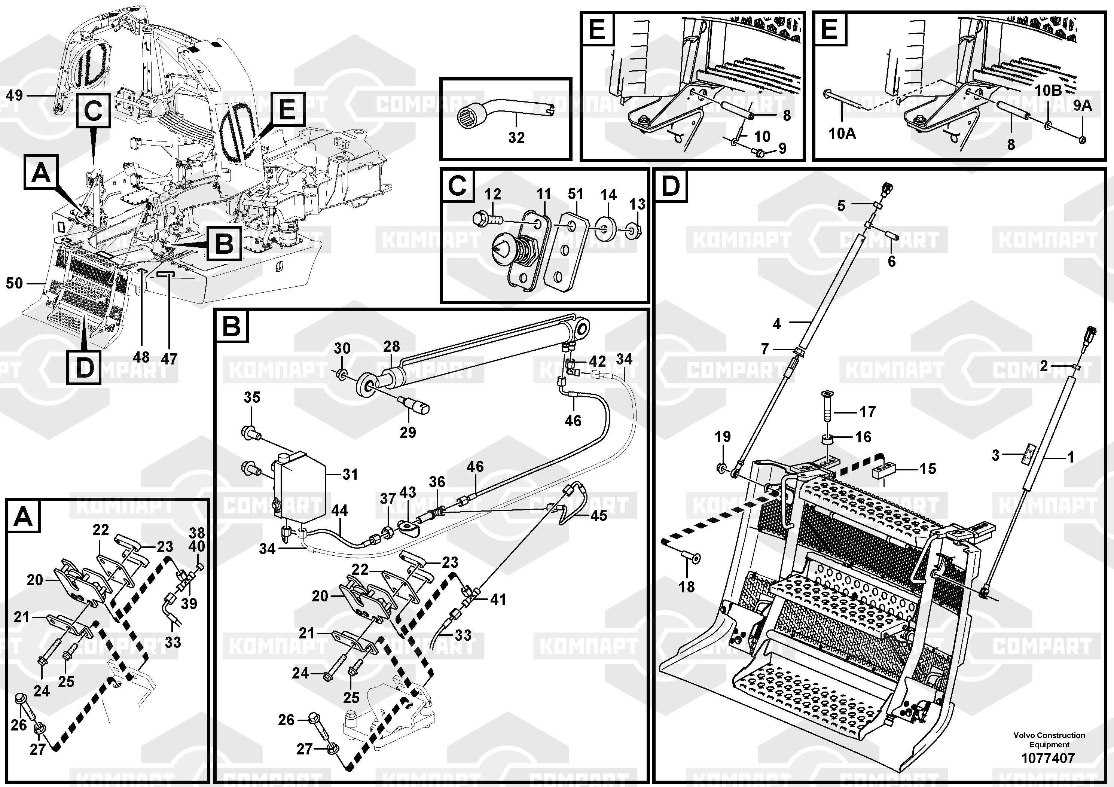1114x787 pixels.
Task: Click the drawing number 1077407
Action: [1048, 758]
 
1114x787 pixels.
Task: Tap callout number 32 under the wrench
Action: [516, 137]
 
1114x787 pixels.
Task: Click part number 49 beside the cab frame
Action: [14, 95]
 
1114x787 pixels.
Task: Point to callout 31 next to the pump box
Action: [350, 474]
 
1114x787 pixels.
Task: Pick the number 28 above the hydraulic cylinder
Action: [391, 347]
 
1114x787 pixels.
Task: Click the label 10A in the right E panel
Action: [842, 132]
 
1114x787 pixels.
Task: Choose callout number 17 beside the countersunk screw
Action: [867, 412]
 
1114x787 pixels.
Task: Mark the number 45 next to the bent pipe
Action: [599, 515]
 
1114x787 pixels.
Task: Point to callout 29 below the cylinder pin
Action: [408, 432]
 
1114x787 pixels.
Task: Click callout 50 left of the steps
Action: [14, 283]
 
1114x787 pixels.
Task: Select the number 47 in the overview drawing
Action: [169, 359]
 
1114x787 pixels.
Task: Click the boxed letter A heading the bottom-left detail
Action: [23, 517]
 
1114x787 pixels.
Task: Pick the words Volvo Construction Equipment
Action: [1049, 739]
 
